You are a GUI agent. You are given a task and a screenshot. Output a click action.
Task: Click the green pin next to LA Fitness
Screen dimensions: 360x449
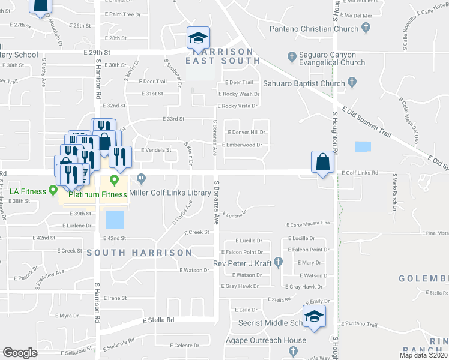click(x=53, y=191)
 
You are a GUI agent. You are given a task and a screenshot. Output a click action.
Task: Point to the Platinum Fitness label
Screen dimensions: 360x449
click(x=97, y=194)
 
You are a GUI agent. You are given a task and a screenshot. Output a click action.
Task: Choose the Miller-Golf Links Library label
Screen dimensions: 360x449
click(x=173, y=193)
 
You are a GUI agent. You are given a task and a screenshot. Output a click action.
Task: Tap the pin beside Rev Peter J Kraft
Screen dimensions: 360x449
click(x=278, y=262)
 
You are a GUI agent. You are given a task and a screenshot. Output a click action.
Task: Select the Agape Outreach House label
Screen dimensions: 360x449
click(x=265, y=340)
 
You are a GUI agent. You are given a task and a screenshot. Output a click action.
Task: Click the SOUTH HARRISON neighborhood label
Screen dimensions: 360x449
click(x=139, y=253)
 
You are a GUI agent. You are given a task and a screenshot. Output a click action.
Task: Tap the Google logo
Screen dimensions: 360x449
click(x=20, y=353)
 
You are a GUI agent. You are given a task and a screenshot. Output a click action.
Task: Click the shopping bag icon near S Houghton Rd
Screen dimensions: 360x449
click(x=322, y=162)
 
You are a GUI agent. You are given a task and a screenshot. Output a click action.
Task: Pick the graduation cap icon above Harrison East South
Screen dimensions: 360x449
click(x=197, y=38)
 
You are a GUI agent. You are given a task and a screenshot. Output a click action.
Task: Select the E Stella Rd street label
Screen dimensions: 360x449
click(x=159, y=320)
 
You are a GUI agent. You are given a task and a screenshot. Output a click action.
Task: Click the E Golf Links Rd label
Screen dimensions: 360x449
click(x=360, y=173)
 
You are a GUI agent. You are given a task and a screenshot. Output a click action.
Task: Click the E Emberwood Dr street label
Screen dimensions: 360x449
click(x=243, y=145)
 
